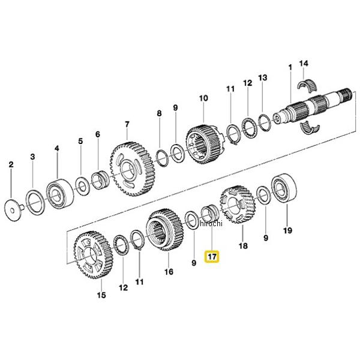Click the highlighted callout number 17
(x=212, y=256)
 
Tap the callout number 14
(x=304, y=63)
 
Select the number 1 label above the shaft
(x=290, y=67)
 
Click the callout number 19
(x=287, y=230)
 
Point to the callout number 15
(x=101, y=295)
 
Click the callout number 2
(x=11, y=164)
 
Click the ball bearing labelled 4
(x=59, y=193)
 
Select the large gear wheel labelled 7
(x=133, y=169)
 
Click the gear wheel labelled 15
(x=93, y=254)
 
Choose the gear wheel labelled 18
(x=238, y=205)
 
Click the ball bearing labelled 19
(x=284, y=188)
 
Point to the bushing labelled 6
(x=100, y=180)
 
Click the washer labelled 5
(x=83, y=187)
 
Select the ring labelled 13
(x=265, y=123)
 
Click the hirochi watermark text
(x=211, y=223)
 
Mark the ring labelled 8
(x=163, y=158)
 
